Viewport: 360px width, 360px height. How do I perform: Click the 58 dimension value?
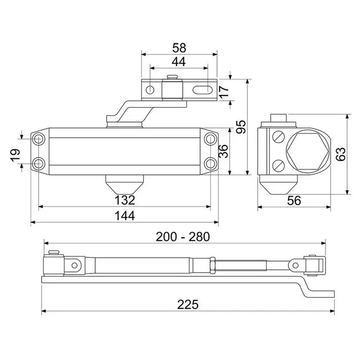point(179,48)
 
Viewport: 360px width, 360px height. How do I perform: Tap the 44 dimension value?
point(179,62)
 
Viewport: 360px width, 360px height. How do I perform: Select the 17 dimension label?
point(224,91)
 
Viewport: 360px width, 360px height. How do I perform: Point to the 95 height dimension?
point(241,126)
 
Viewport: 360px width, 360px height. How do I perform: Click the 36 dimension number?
point(223,151)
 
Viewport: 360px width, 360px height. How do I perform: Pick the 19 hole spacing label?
point(15,155)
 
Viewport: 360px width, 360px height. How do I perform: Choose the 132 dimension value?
point(125,200)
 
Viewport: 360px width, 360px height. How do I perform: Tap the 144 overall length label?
point(125,216)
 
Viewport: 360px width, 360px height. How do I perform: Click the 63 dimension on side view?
point(340,154)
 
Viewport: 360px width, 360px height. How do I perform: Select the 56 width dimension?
point(294,200)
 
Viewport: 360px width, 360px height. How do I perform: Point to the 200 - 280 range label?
point(183,237)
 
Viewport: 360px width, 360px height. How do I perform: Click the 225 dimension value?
point(188,305)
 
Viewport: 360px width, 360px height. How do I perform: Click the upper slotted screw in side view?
point(279,137)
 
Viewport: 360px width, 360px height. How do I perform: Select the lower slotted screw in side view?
point(279,165)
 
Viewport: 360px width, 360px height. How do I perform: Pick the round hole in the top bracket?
point(150,89)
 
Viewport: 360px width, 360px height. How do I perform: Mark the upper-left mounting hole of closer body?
point(38,139)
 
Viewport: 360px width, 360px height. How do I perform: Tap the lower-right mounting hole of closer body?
point(210,164)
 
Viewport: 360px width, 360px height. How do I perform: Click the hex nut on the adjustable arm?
point(212,265)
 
